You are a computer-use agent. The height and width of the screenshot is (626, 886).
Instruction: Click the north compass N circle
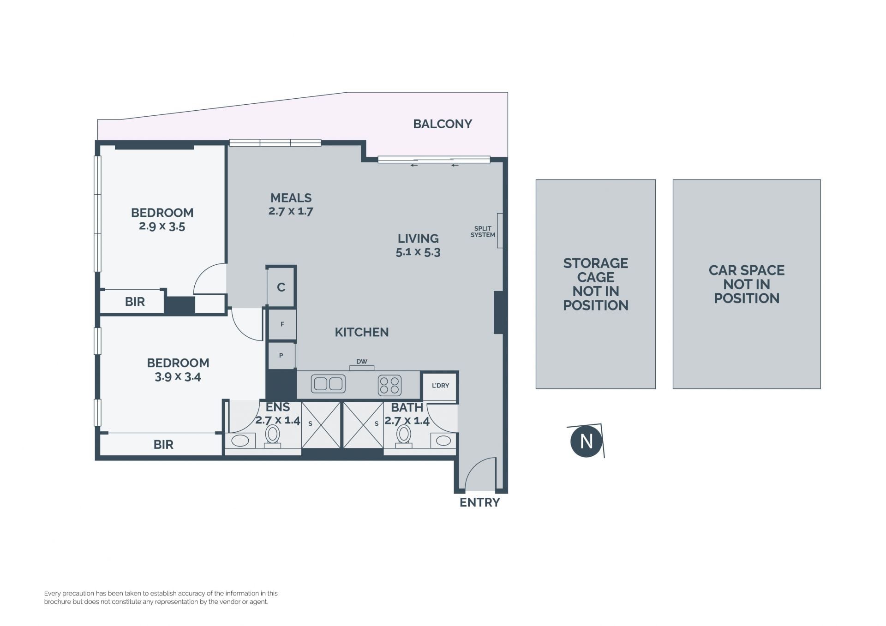tap(586, 441)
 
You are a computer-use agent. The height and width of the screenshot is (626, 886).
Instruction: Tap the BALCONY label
tap(443, 124)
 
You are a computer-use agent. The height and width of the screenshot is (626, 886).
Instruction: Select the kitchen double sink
tap(328, 384)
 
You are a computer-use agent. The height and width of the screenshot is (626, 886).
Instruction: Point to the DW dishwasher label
tap(362, 362)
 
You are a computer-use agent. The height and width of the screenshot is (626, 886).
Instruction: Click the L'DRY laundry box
tap(440, 386)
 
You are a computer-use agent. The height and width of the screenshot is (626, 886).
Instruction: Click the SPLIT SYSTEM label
tap(483, 232)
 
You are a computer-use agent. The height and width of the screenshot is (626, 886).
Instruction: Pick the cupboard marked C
tap(281, 286)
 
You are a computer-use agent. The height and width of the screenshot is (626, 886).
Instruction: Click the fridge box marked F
tap(282, 324)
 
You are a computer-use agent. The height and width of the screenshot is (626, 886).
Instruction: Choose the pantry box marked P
tap(281, 355)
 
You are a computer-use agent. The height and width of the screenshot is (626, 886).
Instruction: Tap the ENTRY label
tap(480, 502)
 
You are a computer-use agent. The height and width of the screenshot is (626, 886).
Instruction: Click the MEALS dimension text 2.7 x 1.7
tap(291, 211)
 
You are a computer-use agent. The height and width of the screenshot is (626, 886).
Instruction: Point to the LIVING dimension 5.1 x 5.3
tap(418, 252)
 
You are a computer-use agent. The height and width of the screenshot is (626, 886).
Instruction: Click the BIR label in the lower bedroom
tap(163, 445)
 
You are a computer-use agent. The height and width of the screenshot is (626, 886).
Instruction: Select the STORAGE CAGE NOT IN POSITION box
tap(596, 284)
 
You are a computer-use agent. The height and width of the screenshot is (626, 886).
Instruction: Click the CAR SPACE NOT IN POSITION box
tap(747, 284)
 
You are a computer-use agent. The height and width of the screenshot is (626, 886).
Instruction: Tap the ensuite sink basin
tap(240, 441)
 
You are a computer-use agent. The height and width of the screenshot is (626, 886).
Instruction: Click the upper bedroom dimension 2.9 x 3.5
tap(162, 227)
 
